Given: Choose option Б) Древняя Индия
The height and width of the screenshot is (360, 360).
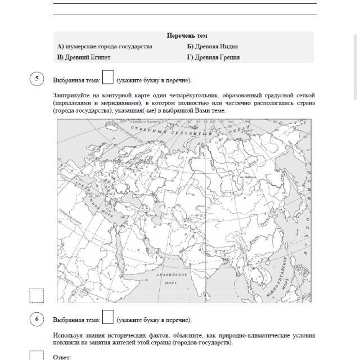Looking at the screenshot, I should [x=213, y=47].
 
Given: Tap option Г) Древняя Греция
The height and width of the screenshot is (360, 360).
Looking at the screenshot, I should [x=213, y=57].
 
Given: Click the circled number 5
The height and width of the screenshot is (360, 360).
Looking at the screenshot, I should [x=37, y=79].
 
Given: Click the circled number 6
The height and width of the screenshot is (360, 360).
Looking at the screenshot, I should [x=37, y=319].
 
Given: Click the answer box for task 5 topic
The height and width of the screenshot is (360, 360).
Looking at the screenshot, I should [x=108, y=78].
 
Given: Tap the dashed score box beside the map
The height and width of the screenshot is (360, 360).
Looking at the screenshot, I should [x=36, y=295].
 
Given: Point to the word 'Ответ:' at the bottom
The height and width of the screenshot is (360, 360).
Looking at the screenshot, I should [x=62, y=357].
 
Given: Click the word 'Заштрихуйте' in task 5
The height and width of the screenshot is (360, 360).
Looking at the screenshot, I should [x=71, y=96].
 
